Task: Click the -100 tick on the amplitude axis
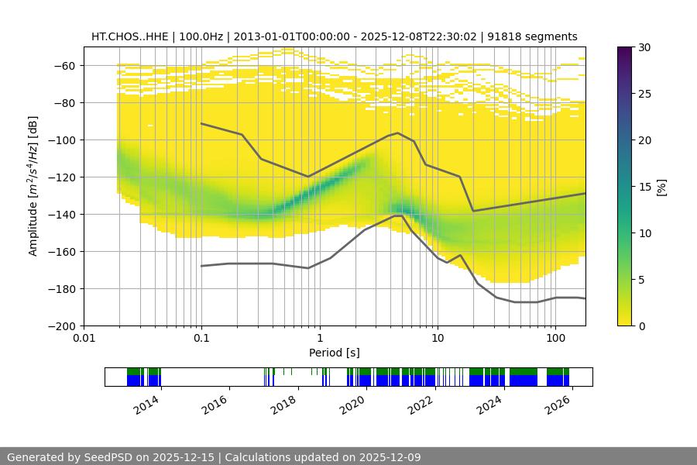(x=66, y=140)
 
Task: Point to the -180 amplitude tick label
(x=66, y=289)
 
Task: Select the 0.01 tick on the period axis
(x=84, y=338)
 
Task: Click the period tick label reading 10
(x=437, y=338)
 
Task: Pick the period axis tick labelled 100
(x=555, y=338)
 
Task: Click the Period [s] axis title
(x=334, y=353)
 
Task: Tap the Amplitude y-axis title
(x=33, y=186)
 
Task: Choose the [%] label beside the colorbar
(x=661, y=186)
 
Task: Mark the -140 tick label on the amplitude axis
(x=66, y=215)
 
